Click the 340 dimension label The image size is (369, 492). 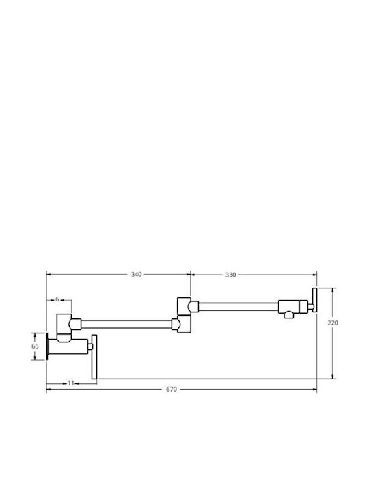(x=136, y=275)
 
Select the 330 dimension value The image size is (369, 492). (x=230, y=275)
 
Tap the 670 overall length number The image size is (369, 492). (x=172, y=389)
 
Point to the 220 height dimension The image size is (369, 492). (x=333, y=323)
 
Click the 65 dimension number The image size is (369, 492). (x=35, y=346)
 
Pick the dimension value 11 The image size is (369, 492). (x=71, y=383)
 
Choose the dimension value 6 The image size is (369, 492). (x=57, y=299)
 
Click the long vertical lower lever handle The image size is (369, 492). (x=94, y=357)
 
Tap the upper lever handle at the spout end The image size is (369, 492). (x=314, y=300)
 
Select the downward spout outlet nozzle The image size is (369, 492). (x=288, y=315)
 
